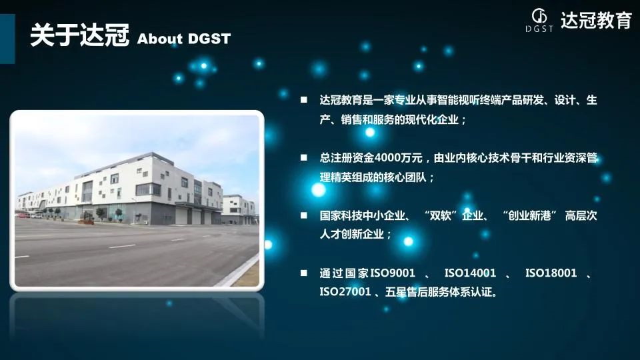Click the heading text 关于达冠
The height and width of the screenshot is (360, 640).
click(x=79, y=35)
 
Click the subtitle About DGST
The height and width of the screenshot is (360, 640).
click(x=184, y=39)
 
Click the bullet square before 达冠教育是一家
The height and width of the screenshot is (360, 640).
click(x=304, y=99)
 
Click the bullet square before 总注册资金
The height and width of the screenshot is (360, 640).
click(x=304, y=157)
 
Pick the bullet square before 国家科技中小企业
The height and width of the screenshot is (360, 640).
click(x=304, y=215)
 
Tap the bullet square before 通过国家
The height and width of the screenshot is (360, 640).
click(x=304, y=273)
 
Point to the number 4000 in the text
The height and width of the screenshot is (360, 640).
click(x=387, y=157)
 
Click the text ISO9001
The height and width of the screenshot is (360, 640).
click(x=393, y=273)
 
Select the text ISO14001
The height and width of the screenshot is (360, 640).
click(x=470, y=273)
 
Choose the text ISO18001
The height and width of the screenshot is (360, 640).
click(x=551, y=273)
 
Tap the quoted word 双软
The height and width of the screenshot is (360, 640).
click(x=441, y=215)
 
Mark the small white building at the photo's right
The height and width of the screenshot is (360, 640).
click(x=239, y=210)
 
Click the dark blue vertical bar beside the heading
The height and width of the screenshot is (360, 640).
click(x=7, y=39)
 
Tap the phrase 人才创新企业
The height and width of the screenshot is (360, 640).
click(x=351, y=234)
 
